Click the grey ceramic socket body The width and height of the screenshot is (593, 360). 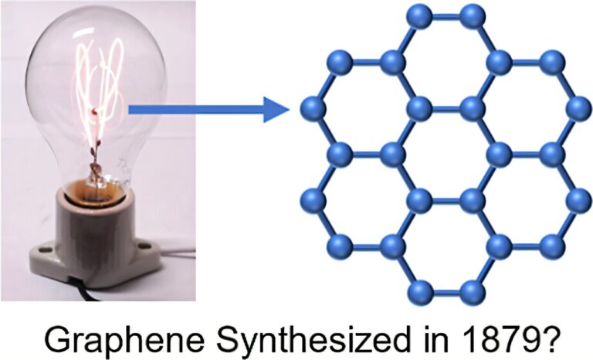click(97, 224)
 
